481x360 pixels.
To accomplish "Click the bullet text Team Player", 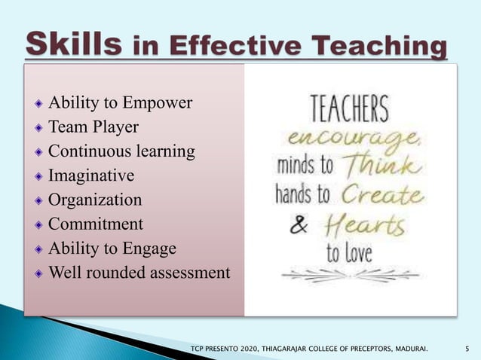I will [x=93, y=127].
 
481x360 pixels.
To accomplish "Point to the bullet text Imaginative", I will [x=91, y=175].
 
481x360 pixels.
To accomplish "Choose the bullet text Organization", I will [x=95, y=200].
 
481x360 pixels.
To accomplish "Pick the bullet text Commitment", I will [x=96, y=224].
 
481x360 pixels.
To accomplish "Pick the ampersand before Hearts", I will [x=300, y=227].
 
